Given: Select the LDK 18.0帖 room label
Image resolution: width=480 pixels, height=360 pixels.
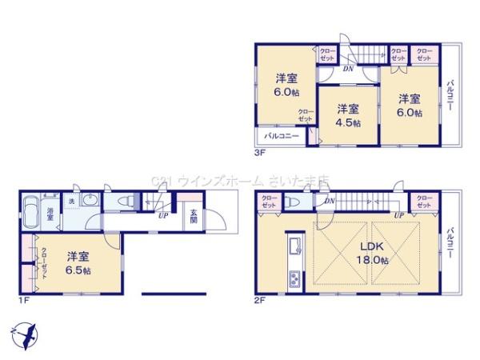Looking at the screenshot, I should pos(373,252).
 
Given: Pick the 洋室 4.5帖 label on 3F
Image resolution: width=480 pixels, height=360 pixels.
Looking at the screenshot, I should pos(347,115).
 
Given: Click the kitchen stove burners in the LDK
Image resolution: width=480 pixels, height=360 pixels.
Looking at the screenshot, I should pos(294,279).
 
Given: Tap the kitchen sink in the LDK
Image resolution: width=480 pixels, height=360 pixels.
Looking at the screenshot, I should pos(294,244).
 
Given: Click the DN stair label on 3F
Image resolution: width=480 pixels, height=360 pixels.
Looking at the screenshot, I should pos(349,69).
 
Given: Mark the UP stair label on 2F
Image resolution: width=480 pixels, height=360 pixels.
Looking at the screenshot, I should pos(398,216).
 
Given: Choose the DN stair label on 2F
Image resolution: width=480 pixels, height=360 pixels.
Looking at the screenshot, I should pos(329,202).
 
